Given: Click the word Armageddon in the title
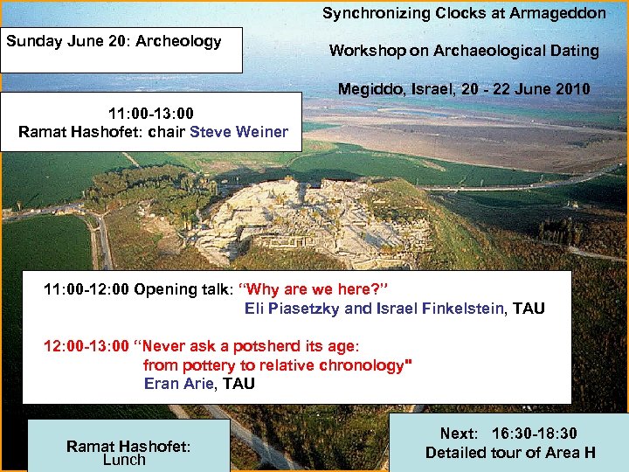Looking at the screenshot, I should (x=556, y=13).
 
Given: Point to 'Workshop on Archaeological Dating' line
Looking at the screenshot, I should (x=464, y=51).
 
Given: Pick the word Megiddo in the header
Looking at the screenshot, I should (x=368, y=89).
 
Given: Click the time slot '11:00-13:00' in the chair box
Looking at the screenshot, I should (x=150, y=114).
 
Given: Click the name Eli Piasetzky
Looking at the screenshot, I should (x=293, y=308).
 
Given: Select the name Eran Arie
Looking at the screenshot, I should (x=178, y=383).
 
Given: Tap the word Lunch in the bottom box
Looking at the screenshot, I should (x=124, y=460).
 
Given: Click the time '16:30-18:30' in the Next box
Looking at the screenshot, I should (x=535, y=434).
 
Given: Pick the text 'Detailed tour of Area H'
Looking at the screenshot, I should (x=510, y=452).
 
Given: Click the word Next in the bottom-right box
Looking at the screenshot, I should (x=459, y=434).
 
